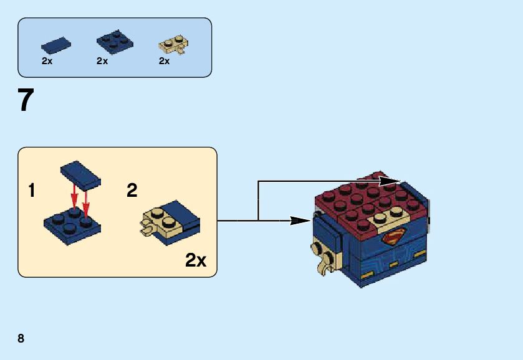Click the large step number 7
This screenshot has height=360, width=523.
click(26, 100)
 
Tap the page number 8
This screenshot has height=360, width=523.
click(21, 338)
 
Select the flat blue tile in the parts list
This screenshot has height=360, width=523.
click(55, 44)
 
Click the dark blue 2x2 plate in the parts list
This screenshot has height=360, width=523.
click(114, 41)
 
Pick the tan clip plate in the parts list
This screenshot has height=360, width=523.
click(175, 45)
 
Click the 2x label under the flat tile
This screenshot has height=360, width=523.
click(47, 61)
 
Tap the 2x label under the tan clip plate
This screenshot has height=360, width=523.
click(165, 61)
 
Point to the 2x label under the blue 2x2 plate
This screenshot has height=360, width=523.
click(102, 61)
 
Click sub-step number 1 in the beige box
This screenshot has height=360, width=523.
click(32, 191)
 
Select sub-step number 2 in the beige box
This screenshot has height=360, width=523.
click(132, 191)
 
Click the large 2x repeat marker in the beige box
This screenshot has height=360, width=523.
click(196, 260)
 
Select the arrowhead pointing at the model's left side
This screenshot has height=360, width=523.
click(303, 220)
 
